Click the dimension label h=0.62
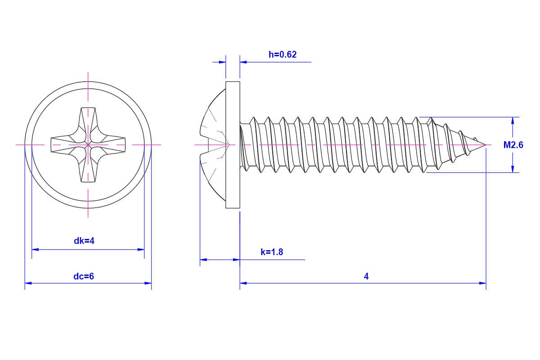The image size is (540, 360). (283, 54)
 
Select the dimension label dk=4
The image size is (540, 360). (84, 241)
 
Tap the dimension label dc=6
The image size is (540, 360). (84, 276)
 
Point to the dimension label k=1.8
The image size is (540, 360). (272, 252)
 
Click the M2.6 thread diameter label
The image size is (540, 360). (513, 145)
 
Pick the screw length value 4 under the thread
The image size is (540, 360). (366, 276)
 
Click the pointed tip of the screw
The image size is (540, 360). (485, 145)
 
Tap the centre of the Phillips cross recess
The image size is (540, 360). (88, 145)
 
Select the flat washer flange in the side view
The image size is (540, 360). (233, 145)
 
